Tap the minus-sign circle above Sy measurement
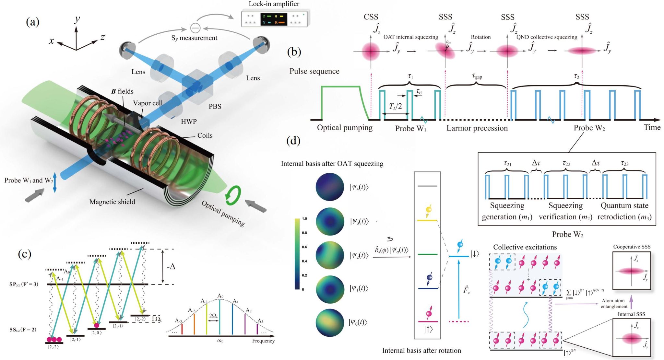click(195, 28)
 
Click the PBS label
click(215, 106)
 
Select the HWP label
click(189, 122)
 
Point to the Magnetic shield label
click(112, 202)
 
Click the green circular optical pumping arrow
click(233, 195)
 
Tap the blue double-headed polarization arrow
click(54, 183)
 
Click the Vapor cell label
click(148, 103)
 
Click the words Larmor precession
click(477, 128)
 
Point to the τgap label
click(477, 76)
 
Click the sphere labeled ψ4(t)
click(330, 187)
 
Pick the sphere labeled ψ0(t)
click(330, 323)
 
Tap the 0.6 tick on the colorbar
click(304, 247)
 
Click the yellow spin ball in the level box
click(428, 210)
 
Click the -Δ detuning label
click(171, 267)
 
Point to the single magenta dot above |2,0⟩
click(96, 325)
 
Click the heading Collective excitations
click(525, 247)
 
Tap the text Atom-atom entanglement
click(614, 304)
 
